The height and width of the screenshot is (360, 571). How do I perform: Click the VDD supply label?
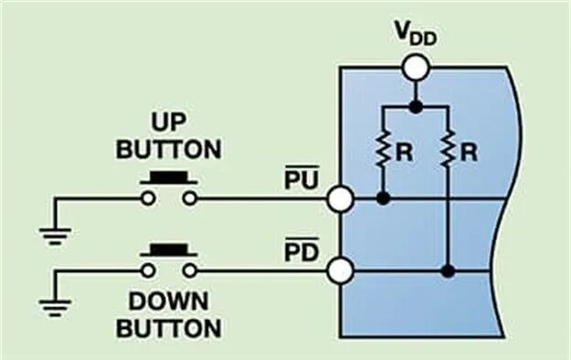416,35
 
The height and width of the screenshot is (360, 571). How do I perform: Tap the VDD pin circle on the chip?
416,68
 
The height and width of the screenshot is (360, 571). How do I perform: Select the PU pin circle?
340,199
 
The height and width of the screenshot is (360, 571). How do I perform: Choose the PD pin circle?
340,270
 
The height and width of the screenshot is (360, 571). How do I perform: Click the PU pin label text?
301,177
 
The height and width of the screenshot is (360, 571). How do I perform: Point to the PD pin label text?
301,249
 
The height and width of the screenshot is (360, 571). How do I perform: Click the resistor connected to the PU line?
383,150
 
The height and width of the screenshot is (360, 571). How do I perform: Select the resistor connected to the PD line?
448,150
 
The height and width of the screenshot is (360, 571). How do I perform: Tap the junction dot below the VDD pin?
416,107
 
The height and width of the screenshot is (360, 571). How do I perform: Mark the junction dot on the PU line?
383,198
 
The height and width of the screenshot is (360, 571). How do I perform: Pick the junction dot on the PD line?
448,270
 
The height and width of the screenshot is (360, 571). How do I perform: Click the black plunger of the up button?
169,177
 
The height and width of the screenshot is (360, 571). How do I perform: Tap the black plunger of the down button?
169,250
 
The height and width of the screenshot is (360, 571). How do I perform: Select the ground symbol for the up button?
55,236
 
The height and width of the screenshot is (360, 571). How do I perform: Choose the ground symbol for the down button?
55,308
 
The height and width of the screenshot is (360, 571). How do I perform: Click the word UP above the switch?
169,122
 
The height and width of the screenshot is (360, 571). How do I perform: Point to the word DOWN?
169,302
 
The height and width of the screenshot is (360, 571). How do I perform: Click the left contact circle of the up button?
148,199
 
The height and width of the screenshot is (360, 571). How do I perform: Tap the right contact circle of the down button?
189,270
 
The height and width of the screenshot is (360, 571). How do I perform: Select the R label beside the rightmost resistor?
469,153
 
